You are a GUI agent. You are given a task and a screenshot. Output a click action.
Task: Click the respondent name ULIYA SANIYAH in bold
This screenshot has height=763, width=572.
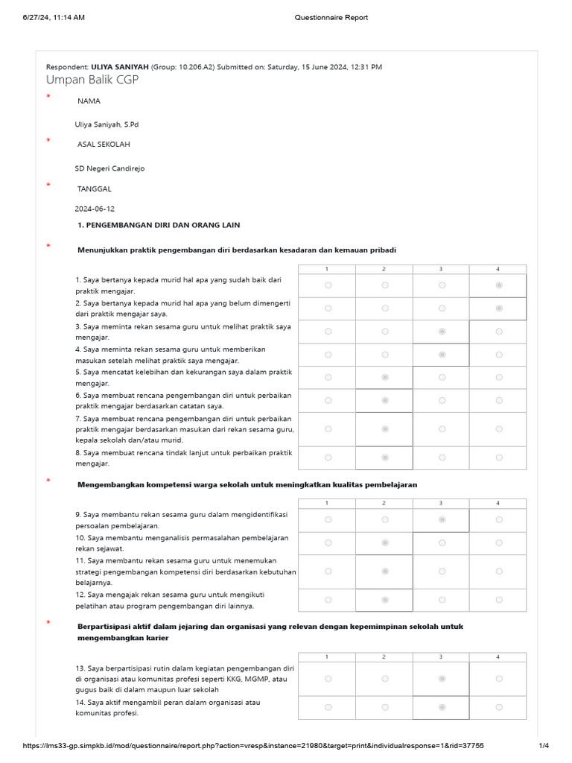click(x=119, y=67)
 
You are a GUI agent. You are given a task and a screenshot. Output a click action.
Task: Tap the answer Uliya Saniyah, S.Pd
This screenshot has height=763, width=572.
click(x=107, y=124)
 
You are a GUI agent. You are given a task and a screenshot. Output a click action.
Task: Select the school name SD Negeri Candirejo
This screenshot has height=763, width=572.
click(x=109, y=168)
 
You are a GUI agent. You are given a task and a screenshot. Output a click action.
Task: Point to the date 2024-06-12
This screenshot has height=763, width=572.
click(x=95, y=209)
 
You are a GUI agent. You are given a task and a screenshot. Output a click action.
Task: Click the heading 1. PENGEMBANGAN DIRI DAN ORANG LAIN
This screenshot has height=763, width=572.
click(x=159, y=225)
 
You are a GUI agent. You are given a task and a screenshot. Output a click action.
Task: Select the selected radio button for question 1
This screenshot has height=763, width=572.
click(x=498, y=285)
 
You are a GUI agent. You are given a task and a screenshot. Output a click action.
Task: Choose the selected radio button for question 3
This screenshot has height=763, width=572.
click(x=442, y=332)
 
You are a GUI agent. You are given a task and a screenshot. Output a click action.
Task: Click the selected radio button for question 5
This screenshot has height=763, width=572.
click(x=385, y=377)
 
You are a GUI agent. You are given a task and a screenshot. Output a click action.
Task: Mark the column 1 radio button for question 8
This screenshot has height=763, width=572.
click(x=328, y=458)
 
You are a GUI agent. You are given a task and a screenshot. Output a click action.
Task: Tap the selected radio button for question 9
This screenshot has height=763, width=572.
click(x=442, y=520)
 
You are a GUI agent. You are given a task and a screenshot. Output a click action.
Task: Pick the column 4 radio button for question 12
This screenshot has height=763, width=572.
click(x=498, y=600)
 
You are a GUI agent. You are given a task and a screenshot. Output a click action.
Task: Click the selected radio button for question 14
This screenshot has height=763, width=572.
click(x=442, y=707)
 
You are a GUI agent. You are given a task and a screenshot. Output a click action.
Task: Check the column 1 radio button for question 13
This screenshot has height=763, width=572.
click(x=328, y=679)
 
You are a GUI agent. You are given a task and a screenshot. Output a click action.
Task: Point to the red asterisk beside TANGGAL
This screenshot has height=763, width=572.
click(x=48, y=185)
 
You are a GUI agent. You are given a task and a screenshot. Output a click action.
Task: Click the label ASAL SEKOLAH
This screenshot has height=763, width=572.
click(x=104, y=145)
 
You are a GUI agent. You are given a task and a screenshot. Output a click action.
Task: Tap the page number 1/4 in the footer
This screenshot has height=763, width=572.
click(x=544, y=746)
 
